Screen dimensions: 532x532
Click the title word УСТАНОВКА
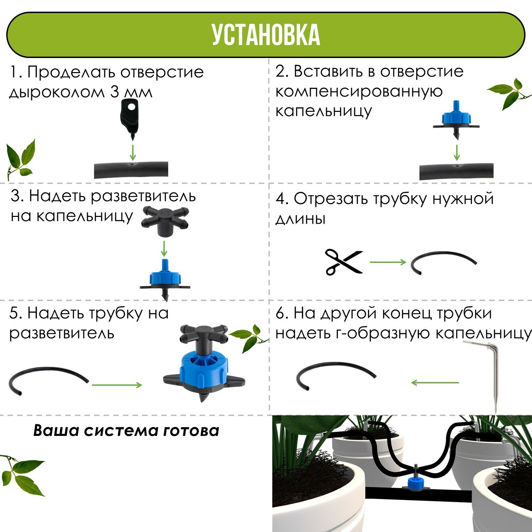coord(266,35)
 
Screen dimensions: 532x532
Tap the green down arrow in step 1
coord(132,152)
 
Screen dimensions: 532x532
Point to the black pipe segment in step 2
coord(456,171)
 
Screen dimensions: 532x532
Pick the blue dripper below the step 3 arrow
coord(165,278)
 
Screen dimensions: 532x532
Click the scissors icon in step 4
coord(344,262)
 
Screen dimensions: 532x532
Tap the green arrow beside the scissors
coord(388,262)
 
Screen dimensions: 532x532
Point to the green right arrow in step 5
coord(117,385)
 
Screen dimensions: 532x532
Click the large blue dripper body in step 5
coord(204,369)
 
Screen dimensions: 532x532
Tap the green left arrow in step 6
coord(435,382)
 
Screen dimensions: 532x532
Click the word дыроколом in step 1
coord(57,93)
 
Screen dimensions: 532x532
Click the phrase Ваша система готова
coord(126,430)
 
